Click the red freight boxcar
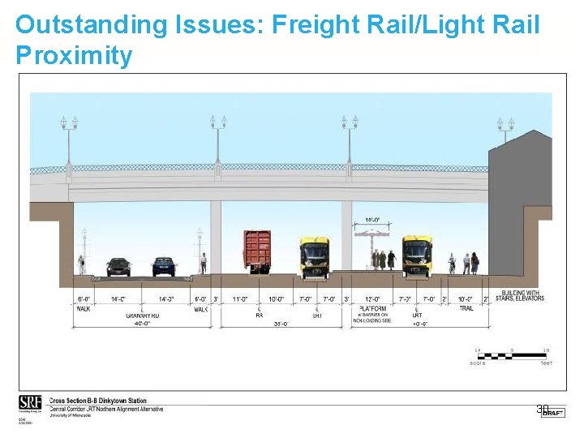pos(257,251)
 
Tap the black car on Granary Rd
pos(118,266)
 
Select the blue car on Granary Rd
pos(164,266)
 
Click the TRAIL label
pos(466,308)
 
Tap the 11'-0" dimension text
pos(239,299)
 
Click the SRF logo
pos(29,403)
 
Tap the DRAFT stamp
pos(553,413)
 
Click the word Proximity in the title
pos(74,56)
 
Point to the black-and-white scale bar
pos(511,355)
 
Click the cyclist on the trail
pos(452,264)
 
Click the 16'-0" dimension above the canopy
pos(371,220)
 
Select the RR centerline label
pos(260,315)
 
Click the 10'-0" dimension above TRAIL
pos(466,299)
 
